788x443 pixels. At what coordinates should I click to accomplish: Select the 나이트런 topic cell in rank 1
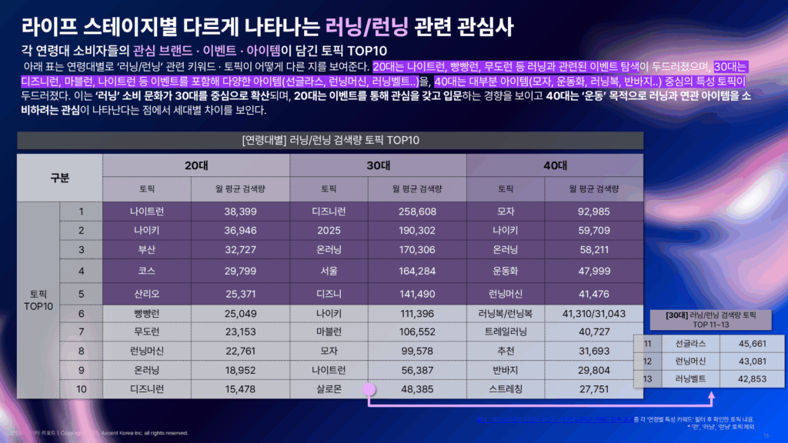(x=149, y=211)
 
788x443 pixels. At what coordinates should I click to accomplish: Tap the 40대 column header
(x=555, y=165)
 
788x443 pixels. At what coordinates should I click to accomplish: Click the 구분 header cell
(x=59, y=178)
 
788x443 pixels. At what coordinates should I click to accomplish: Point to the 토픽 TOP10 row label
(x=38, y=300)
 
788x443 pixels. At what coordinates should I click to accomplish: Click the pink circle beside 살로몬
(x=369, y=389)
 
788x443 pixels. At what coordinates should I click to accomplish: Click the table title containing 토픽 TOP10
(x=330, y=141)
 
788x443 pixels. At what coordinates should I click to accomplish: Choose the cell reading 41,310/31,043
(x=593, y=313)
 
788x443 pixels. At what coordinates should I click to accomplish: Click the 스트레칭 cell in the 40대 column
(x=506, y=389)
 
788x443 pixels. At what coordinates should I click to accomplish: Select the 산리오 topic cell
(x=149, y=293)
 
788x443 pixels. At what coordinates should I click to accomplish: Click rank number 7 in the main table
(x=81, y=332)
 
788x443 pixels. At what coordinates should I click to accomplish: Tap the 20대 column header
(x=196, y=165)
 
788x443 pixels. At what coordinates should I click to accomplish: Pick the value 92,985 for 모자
(x=593, y=211)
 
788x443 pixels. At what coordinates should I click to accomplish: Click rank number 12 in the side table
(x=647, y=361)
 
